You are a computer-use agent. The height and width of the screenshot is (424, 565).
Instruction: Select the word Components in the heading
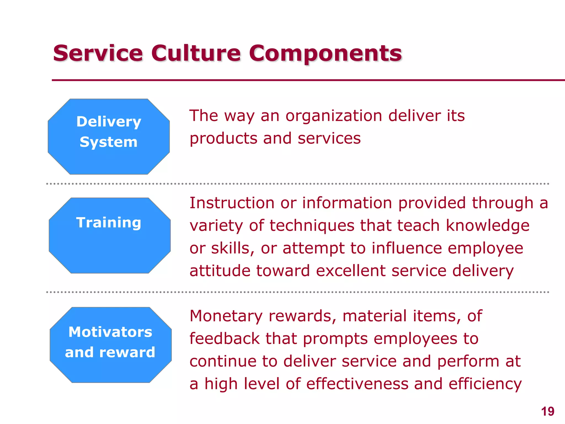(x=325, y=54)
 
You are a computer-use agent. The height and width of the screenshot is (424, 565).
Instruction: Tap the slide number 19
(x=547, y=412)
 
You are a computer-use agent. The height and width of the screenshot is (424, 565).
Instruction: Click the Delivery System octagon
(x=109, y=137)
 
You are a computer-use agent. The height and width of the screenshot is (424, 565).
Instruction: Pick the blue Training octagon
(x=110, y=235)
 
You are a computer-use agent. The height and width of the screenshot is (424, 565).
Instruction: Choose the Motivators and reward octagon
(x=111, y=345)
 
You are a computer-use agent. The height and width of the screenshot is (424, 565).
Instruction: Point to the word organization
(x=334, y=116)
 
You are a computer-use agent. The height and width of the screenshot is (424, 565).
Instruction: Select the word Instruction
(x=232, y=203)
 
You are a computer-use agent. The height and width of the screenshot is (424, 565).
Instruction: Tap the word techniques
(x=311, y=226)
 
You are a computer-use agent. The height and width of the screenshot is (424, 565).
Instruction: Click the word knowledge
(x=487, y=226)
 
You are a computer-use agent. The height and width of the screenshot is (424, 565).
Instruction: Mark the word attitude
(x=220, y=271)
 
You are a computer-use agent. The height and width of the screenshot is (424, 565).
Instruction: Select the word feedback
(x=225, y=339)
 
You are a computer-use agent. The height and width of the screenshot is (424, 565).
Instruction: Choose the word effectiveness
(x=357, y=384)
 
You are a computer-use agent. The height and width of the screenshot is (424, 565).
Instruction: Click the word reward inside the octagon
(x=127, y=353)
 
